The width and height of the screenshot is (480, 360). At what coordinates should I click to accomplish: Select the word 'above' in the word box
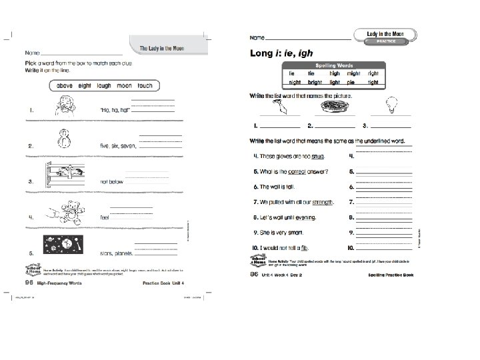(x=65, y=86)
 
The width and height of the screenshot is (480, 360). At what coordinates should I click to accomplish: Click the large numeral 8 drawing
(x=65, y=137)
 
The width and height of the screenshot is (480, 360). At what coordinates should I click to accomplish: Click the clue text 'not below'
(x=112, y=181)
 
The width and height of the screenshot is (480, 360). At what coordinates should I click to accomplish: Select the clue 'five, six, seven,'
(x=117, y=145)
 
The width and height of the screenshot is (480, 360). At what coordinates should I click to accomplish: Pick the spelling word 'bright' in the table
(x=315, y=83)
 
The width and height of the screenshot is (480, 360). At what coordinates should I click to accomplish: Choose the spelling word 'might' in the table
(x=353, y=73)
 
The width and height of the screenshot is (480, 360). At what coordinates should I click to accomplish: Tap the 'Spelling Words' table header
(x=333, y=65)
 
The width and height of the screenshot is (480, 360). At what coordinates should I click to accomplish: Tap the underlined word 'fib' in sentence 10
(x=309, y=248)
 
